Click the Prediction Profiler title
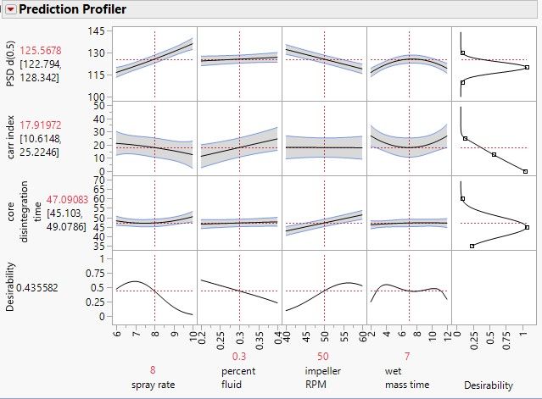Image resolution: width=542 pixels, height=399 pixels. point(72,10)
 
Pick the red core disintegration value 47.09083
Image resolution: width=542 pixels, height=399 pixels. point(53,202)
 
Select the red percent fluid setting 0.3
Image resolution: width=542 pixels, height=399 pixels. point(238,357)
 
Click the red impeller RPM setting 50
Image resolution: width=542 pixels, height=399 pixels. point(322,357)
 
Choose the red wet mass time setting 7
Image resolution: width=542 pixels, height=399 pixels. point(407,357)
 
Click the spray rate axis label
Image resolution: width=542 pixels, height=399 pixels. point(154,385)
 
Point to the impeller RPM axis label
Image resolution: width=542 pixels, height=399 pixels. point(322,378)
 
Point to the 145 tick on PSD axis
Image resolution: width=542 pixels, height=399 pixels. point(97,31)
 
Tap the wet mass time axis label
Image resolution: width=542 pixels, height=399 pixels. point(407,378)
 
